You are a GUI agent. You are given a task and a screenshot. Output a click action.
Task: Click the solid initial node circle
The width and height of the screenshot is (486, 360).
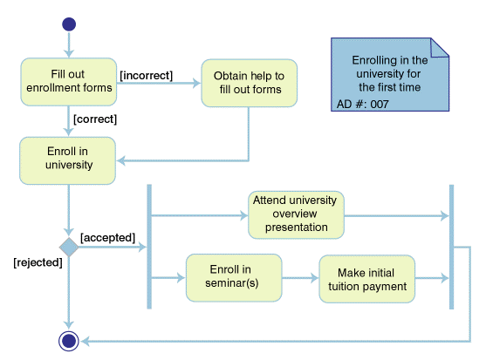click(x=68, y=24)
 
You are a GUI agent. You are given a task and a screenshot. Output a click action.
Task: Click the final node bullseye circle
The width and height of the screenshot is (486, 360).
click(x=68, y=341)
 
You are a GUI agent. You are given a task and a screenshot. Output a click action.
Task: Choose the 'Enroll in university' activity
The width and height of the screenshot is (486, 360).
click(x=68, y=158)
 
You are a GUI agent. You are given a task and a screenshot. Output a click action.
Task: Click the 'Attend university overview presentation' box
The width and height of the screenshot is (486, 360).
click(x=296, y=214)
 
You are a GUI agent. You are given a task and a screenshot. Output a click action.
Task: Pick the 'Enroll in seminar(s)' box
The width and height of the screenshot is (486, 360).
click(x=233, y=277)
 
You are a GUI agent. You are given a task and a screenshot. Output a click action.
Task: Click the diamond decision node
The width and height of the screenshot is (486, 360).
click(x=68, y=248)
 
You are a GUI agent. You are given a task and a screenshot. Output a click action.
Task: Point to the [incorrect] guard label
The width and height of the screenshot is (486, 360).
click(x=146, y=76)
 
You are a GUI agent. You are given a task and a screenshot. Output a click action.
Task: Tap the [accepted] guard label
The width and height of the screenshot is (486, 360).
click(x=106, y=236)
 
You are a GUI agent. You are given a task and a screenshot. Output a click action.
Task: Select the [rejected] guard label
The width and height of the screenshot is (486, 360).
click(x=38, y=262)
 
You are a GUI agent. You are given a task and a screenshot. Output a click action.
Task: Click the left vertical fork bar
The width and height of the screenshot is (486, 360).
click(x=149, y=247)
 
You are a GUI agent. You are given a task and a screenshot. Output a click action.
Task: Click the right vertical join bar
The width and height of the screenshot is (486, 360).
click(x=450, y=247)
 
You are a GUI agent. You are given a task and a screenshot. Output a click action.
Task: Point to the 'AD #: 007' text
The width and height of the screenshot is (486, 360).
click(x=362, y=104)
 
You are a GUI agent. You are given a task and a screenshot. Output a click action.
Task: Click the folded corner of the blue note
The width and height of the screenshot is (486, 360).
click(x=441, y=47)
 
